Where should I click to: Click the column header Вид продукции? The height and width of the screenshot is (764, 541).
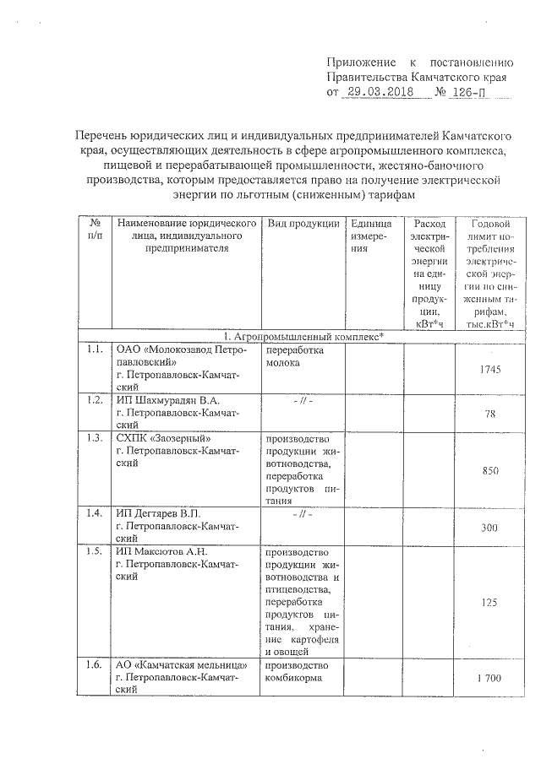[x=303, y=224]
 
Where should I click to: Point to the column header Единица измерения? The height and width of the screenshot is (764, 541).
[x=370, y=230]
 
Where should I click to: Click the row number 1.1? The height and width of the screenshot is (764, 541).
[x=94, y=348]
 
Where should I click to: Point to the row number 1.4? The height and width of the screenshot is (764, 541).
[x=94, y=512]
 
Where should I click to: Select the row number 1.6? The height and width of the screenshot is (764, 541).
[x=94, y=664]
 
